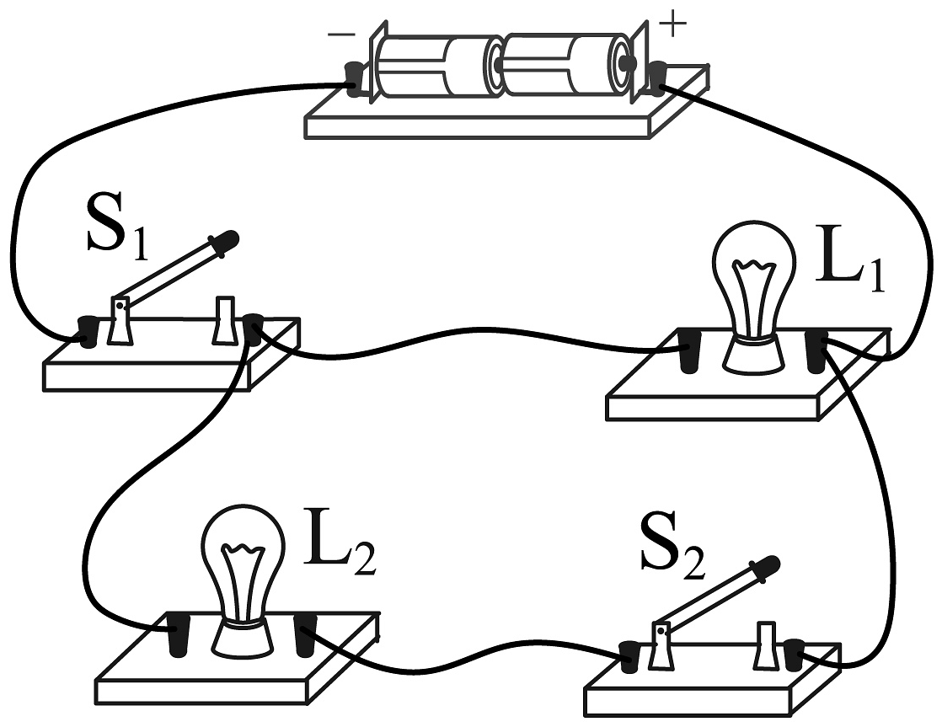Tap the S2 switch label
click(x=672, y=549)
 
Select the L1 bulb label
click(x=849, y=265)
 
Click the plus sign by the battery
click(x=673, y=26)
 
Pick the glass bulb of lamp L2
click(x=244, y=564)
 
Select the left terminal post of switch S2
click(x=630, y=657)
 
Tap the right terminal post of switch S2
click(x=795, y=654)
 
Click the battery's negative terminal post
click(x=356, y=78)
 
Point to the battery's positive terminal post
click(x=658, y=78)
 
